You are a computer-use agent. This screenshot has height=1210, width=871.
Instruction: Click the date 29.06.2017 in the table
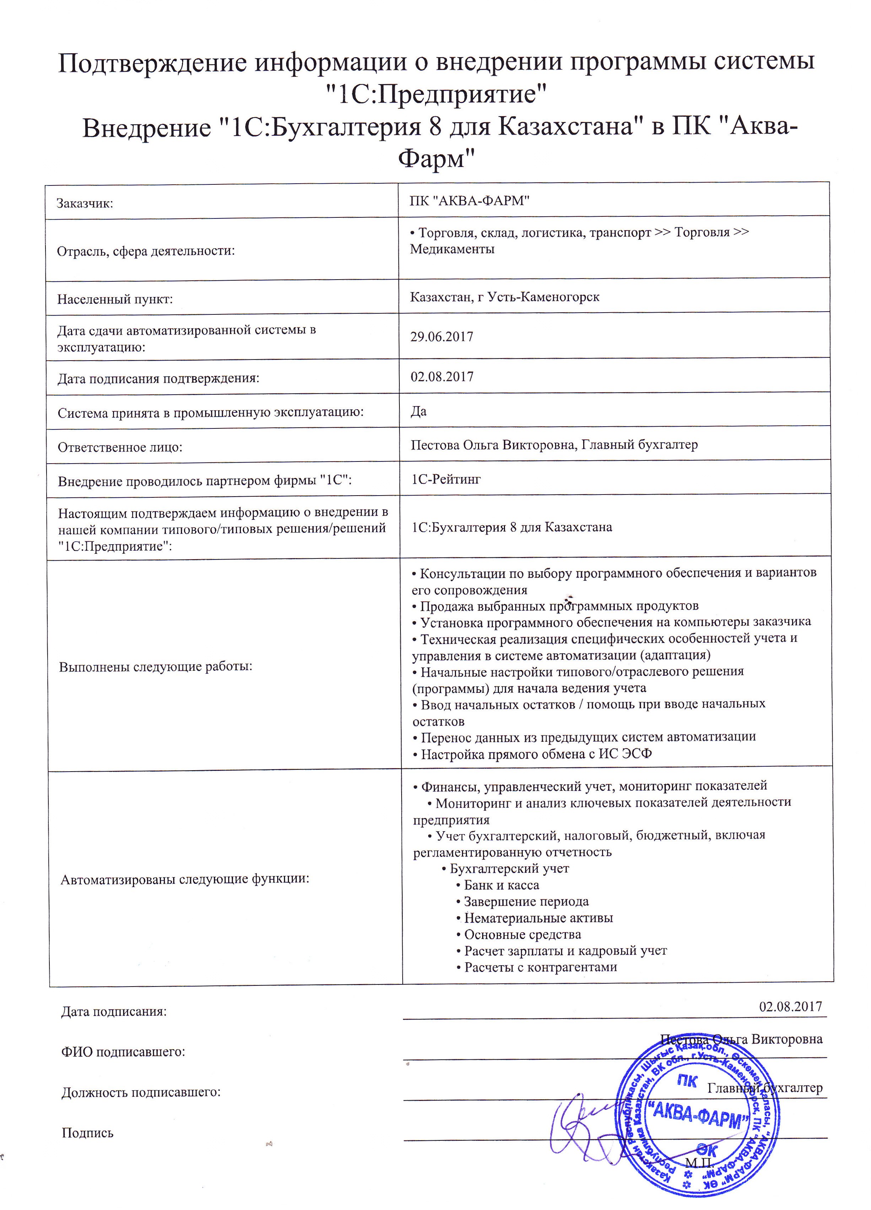pyautogui.click(x=441, y=337)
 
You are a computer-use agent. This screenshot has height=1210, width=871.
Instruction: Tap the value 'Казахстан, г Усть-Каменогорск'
pyautogui.click(x=504, y=297)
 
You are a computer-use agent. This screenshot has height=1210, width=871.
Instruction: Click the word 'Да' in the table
pyautogui.click(x=418, y=411)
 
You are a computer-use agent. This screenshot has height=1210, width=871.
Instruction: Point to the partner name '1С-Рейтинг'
pyautogui.click(x=446, y=479)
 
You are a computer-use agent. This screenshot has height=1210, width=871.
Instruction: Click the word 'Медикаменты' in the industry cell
pyautogui.click(x=452, y=249)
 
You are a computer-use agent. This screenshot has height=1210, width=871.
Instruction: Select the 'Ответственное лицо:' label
pyautogui.click(x=120, y=447)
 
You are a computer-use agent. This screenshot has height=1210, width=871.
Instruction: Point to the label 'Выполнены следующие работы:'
pyautogui.click(x=155, y=667)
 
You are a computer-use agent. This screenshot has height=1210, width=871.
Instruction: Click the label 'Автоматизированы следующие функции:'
pyautogui.click(x=185, y=879)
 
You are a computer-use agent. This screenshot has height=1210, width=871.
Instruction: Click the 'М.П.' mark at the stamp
pyautogui.click(x=699, y=1161)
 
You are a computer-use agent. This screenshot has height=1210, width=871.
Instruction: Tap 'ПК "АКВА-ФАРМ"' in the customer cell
pyautogui.click(x=470, y=201)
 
